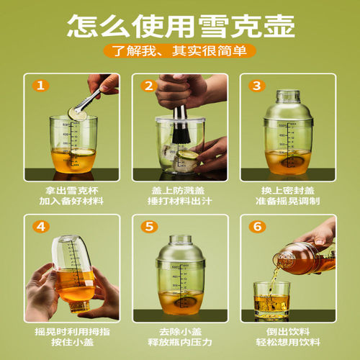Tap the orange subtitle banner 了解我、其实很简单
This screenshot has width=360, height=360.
pos(180,51)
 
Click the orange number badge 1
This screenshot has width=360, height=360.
pos(41,86)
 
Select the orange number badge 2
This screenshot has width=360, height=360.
pos(148,86)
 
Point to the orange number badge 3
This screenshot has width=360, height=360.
pos(256,86)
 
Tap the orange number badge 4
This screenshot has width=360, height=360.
pos(41,227)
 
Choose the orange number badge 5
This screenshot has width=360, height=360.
pos(148,227)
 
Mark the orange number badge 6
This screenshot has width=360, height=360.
pos(256,227)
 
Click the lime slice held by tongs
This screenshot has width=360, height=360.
pos(77,111)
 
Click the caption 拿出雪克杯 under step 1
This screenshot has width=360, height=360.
pos(71,191)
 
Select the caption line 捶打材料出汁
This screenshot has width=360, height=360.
pos(179,202)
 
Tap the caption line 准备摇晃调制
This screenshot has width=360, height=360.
pos(287,202)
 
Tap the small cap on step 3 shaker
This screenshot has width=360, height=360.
pos(287,96)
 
